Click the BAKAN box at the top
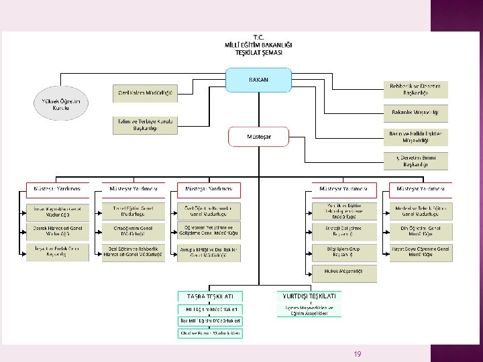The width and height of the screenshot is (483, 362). [259, 80]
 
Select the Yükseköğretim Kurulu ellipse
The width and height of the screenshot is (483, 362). [61, 105]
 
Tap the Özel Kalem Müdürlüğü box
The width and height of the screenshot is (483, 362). [145, 93]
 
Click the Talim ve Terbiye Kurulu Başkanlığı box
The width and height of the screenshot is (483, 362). [145, 125]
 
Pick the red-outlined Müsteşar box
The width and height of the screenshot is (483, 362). [259, 137]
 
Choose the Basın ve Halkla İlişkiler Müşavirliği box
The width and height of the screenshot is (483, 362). [415, 137]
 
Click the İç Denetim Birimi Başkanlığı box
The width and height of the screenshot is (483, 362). [415, 160]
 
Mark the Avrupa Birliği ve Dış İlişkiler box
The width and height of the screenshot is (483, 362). [209, 251]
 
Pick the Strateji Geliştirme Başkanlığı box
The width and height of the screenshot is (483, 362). [343, 231]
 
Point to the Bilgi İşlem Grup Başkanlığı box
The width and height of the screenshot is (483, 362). [343, 251]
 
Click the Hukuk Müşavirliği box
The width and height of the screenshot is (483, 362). [343, 271]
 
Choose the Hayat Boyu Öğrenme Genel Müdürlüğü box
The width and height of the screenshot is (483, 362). [421, 251]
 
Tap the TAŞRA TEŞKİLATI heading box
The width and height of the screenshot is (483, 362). [210, 296]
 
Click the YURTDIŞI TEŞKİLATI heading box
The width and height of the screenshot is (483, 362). [309, 295]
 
